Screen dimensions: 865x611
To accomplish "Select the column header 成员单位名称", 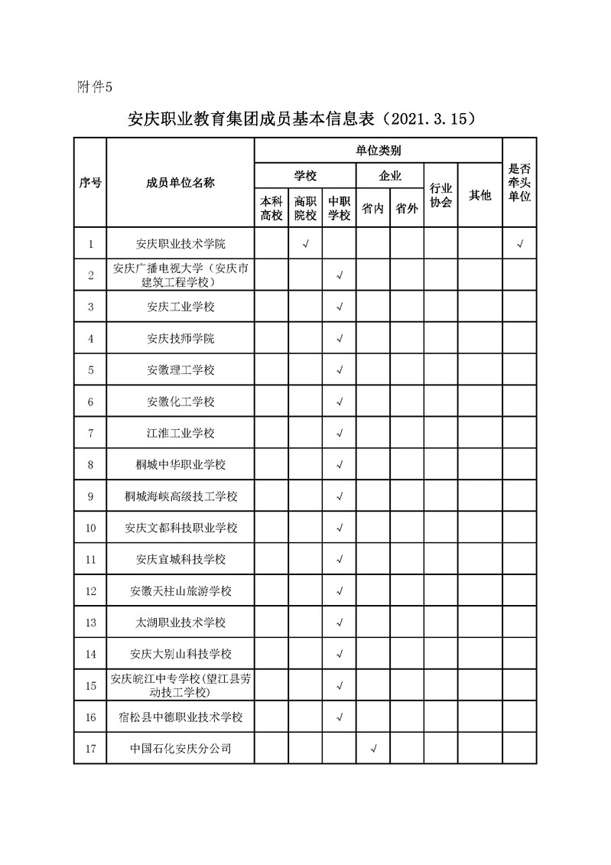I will tap(180, 183).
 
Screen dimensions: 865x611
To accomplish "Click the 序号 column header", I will tap(90, 183).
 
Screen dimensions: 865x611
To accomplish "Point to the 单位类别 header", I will tap(379, 150).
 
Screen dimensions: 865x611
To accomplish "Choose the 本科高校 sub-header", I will tap(271, 207).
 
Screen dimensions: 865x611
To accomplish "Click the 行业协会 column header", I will tap(441, 195).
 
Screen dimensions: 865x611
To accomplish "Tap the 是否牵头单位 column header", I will tap(520, 183).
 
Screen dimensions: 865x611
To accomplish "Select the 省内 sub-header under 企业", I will tap(372, 208).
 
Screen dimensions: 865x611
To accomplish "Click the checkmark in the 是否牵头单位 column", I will tap(520, 244).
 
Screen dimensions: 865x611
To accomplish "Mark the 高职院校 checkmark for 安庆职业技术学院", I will tap(305, 244).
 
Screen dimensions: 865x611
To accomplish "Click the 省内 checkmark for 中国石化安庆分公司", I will tap(373, 748).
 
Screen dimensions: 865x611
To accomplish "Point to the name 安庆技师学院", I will tap(180, 338).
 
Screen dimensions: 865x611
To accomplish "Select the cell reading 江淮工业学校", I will tap(180, 433).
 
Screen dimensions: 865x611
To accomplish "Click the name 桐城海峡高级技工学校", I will tap(180, 496).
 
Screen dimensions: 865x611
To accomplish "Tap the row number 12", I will tap(90, 590).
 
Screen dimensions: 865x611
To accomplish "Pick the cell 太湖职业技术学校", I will tap(180, 623).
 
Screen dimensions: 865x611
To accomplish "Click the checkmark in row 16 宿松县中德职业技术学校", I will tap(340, 717).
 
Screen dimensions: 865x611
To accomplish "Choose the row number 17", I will tap(90, 748).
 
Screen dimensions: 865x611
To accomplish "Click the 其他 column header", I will tap(480, 196).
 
